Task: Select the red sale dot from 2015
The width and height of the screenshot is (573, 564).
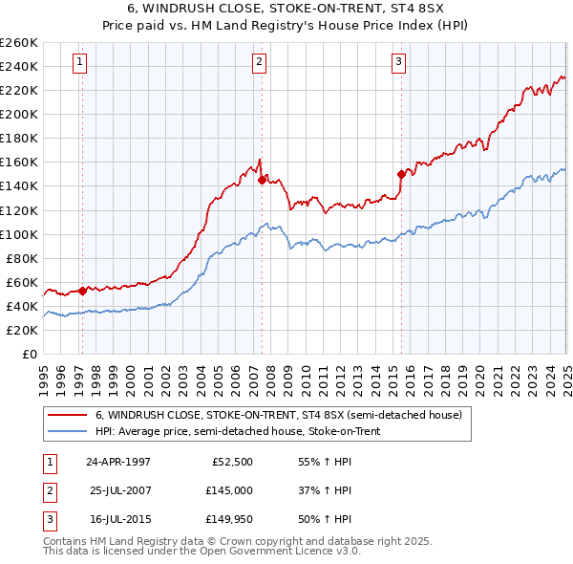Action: point(401,174)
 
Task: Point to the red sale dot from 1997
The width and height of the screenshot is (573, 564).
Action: point(82,291)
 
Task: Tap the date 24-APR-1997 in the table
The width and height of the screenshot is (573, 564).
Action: point(118,462)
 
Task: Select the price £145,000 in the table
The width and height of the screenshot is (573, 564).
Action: point(229,491)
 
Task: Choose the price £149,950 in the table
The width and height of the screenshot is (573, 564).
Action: point(229,521)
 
